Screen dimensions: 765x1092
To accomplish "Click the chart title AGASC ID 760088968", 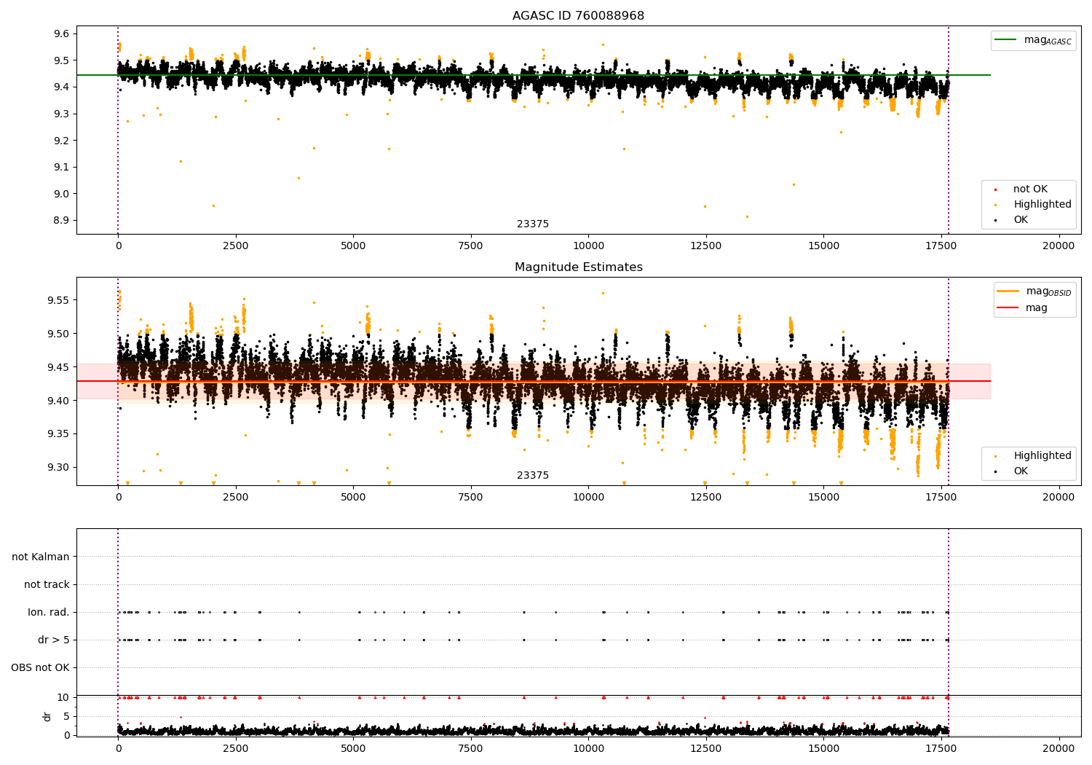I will click(x=578, y=16).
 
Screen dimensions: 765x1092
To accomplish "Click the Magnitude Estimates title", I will click(x=578, y=267).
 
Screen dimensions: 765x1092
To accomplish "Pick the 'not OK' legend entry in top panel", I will click(x=1029, y=189).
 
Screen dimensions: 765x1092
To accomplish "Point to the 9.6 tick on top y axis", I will click(x=62, y=34).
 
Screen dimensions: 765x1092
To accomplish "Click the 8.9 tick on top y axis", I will click(x=62, y=220).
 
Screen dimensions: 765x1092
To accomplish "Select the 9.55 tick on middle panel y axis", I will click(x=58, y=300).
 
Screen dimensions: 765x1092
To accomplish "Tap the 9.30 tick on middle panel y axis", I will click(x=58, y=467).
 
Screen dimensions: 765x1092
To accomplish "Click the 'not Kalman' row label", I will click(x=41, y=557).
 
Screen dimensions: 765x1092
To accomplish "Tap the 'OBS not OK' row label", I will click(x=41, y=667).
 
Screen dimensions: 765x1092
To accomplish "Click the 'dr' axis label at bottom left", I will click(x=47, y=716).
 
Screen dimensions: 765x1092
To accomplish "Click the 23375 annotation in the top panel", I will click(x=533, y=224).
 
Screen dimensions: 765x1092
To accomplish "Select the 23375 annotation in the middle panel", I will click(x=533, y=476).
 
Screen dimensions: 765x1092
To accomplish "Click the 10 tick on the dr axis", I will click(x=63, y=697).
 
